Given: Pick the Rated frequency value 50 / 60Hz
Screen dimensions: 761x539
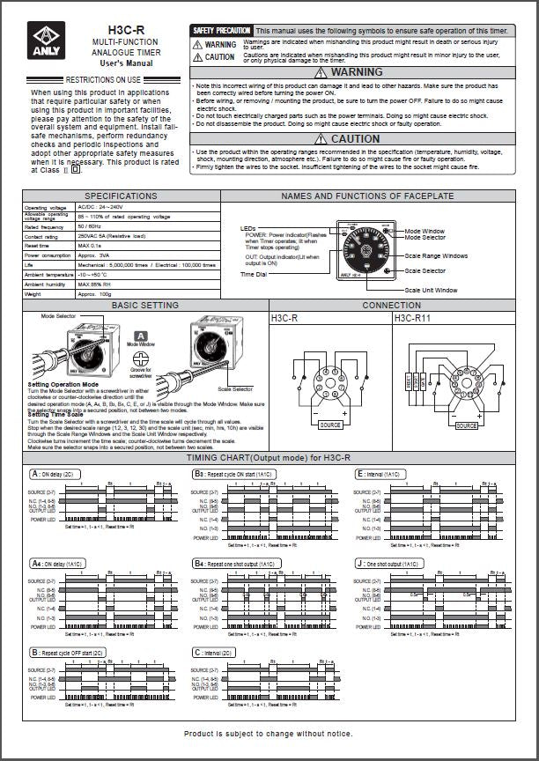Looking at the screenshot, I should point(95,227).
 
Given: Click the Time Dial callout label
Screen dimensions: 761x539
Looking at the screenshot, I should point(255,274).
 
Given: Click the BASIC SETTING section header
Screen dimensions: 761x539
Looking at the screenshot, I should point(145,305).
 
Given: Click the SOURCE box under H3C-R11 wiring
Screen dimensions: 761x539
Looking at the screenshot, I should point(467,425).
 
